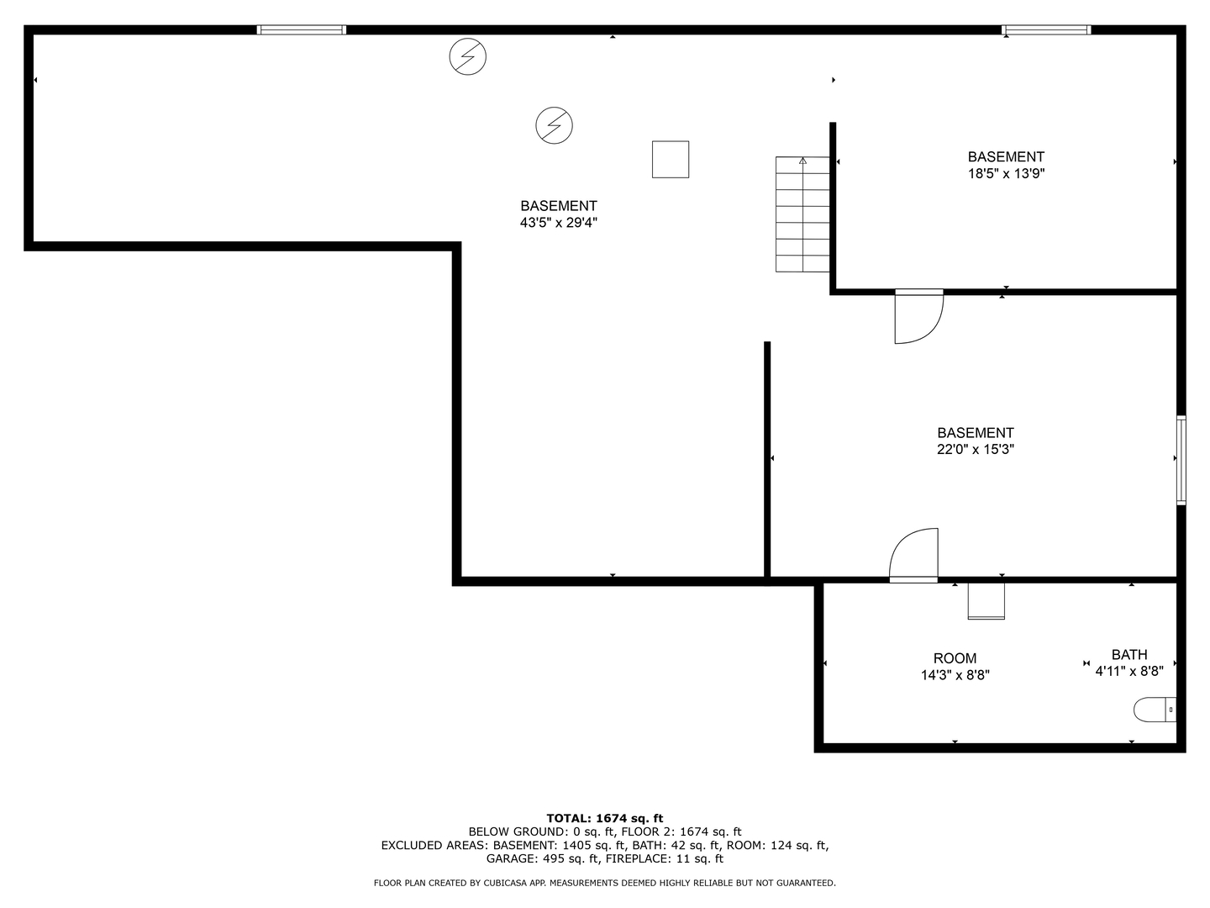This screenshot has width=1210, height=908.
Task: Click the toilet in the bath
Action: pos(1155,710)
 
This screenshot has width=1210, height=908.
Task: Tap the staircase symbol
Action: pos(802,214)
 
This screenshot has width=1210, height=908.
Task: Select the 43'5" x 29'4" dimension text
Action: pos(559,223)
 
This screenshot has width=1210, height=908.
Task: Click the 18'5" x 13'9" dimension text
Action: pos(1006,174)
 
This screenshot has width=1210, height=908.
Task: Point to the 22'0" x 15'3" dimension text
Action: pos(976,449)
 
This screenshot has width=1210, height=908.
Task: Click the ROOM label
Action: pos(955,658)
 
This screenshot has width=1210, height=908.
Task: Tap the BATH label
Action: pos(1129,654)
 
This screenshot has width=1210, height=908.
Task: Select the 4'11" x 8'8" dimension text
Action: pos(1129,671)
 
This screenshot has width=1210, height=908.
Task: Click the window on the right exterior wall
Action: pos(1181,460)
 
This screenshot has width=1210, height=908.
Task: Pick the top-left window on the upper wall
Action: pos(301,29)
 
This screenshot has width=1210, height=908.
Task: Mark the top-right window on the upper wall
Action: pos(1046,29)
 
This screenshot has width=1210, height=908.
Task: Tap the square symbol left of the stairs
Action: pos(671,160)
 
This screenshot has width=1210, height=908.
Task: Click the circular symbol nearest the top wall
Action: pos(467,56)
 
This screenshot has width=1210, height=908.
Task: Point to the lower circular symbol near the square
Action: pos(554,125)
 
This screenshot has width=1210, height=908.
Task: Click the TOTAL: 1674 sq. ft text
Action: pos(605,818)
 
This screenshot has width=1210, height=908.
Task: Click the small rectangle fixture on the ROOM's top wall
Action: pos(986,601)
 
